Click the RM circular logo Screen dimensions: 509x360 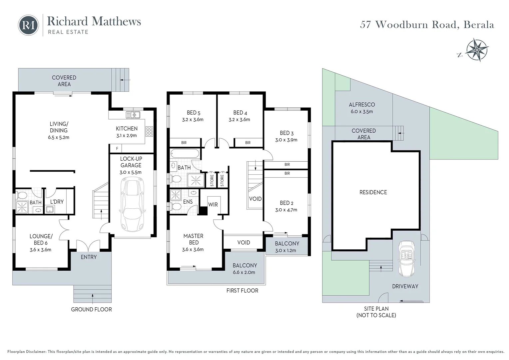pyautogui.click(x=28, y=25)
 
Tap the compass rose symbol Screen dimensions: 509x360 pyautogui.click(x=477, y=50)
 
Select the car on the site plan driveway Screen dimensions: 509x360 pyautogui.click(x=406, y=259)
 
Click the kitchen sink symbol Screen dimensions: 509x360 pyautogui.click(x=133, y=115)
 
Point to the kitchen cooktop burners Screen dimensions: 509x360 pyautogui.click(x=149, y=131)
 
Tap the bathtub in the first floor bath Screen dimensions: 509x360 pyautogui.click(x=185, y=154)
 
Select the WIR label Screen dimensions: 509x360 pyautogui.click(x=213, y=205)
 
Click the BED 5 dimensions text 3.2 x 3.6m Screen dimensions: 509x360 pyautogui.click(x=193, y=120)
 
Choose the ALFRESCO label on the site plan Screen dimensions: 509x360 pyautogui.click(x=362, y=105)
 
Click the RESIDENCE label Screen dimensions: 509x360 pyautogui.click(x=373, y=192)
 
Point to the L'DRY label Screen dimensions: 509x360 pyautogui.click(x=57, y=202)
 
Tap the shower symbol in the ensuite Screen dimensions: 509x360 pyautogui.click(x=176, y=195)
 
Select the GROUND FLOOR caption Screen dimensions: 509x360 pyautogui.click(x=91, y=310)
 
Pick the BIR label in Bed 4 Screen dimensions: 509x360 pyautogui.click(x=248, y=143)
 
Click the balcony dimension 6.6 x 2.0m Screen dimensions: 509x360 pyautogui.click(x=244, y=272)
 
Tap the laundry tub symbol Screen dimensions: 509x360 pyautogui.click(x=50, y=209)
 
